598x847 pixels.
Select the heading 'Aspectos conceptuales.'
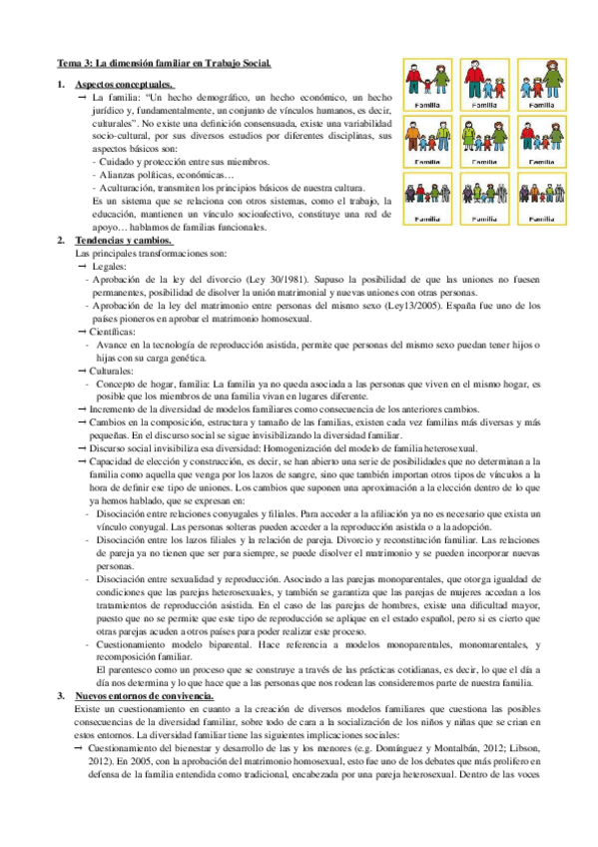tap(124, 85)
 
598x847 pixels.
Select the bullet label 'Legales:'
tap(108, 267)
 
